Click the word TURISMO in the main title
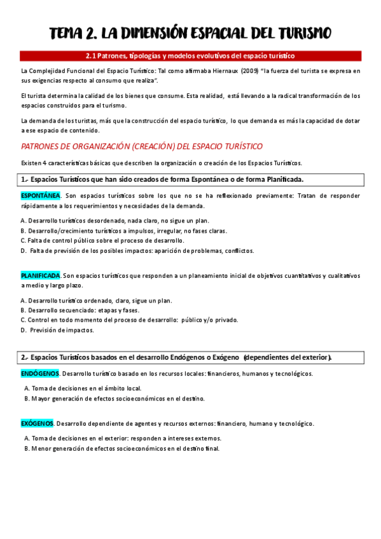click(x=296, y=33)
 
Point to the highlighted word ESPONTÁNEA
click(x=41, y=196)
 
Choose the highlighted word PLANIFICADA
click(x=41, y=276)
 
